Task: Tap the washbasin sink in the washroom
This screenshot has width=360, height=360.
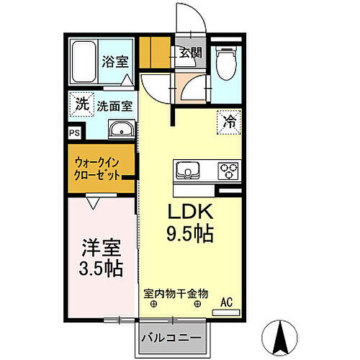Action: point(121,130)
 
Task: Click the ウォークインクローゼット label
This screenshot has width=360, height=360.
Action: point(96,170)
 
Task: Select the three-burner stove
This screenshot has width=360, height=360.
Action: point(229,171)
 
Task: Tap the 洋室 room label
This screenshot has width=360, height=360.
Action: point(100,247)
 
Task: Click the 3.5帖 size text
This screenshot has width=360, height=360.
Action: point(100,269)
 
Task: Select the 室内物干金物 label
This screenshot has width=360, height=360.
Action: point(175,294)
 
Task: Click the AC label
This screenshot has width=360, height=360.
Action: point(226,302)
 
